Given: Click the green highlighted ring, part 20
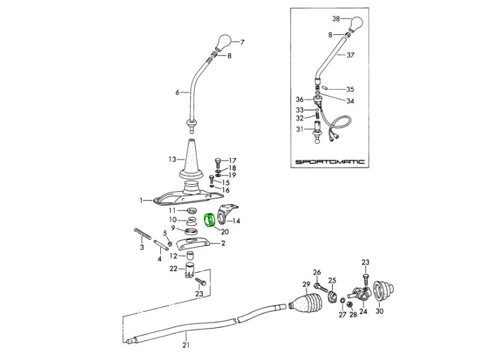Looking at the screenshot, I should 211,221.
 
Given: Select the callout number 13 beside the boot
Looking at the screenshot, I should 172,159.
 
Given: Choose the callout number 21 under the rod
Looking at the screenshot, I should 186,345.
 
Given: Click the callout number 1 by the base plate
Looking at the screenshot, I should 142,200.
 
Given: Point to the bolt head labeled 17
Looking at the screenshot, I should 218,161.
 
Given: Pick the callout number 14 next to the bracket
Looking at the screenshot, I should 236,221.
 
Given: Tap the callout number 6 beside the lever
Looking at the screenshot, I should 178,93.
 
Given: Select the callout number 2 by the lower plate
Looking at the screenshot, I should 223,243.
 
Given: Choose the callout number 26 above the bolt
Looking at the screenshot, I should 317,272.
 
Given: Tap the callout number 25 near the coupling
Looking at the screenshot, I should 332,280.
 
